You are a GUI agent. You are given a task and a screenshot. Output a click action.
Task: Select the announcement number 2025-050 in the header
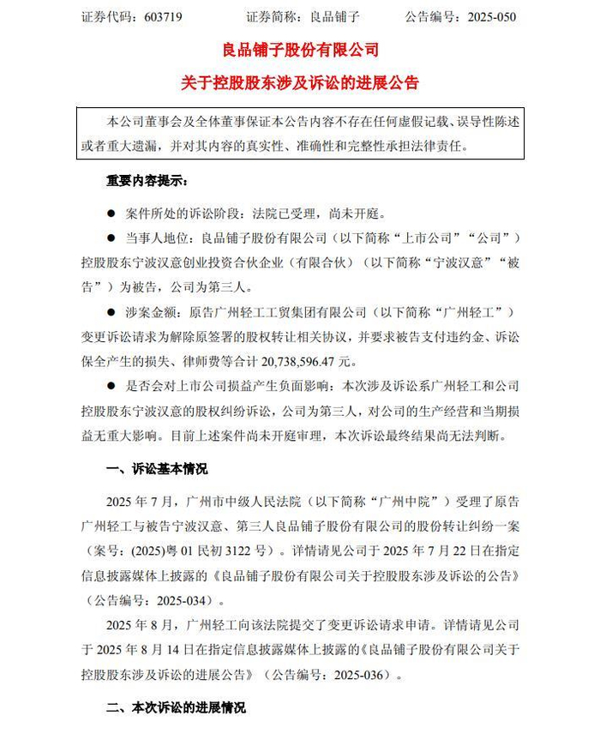[484, 17]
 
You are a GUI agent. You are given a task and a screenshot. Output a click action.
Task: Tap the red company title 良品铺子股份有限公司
[299, 50]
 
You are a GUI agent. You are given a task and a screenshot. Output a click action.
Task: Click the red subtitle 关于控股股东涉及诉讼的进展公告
[299, 83]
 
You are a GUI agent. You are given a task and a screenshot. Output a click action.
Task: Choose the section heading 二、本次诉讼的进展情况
[175, 708]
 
